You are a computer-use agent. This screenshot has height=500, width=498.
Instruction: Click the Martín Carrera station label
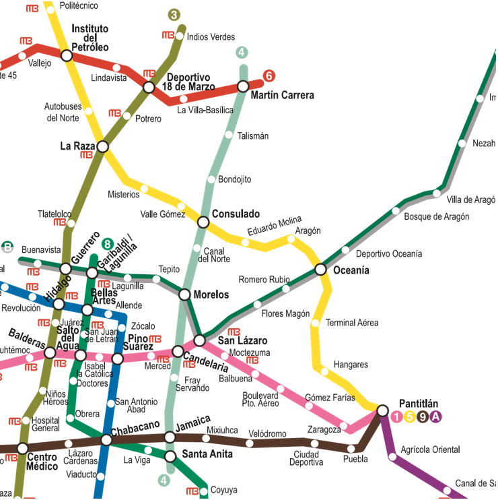(282, 96)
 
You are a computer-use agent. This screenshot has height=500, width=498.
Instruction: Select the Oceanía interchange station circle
(321, 270)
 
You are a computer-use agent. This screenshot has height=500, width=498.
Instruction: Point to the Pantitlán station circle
(382, 410)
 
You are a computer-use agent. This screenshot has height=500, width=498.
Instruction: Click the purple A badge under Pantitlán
(435, 417)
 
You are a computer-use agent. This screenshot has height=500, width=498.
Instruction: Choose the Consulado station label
(236, 214)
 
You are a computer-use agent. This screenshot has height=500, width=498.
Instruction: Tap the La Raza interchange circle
(102, 146)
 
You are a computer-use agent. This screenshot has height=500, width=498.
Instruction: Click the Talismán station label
(252, 136)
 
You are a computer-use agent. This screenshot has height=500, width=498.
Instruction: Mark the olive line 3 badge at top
(174, 15)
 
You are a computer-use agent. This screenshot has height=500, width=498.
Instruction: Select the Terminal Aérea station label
(352, 323)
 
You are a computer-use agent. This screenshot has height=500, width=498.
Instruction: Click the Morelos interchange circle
(184, 294)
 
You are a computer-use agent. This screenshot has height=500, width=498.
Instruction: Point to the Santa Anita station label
(207, 454)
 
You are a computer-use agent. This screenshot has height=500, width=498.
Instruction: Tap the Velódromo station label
(267, 433)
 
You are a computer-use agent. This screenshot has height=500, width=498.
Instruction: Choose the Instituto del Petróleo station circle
(67, 55)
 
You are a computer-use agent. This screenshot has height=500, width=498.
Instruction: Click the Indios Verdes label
(211, 37)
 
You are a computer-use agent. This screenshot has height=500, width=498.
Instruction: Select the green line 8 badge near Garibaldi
(106, 243)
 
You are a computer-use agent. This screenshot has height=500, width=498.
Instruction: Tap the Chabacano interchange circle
(106, 440)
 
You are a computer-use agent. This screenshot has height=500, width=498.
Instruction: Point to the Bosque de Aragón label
(436, 217)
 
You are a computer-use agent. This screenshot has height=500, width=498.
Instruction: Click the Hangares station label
(351, 365)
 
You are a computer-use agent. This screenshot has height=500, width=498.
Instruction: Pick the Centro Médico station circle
(22, 448)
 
